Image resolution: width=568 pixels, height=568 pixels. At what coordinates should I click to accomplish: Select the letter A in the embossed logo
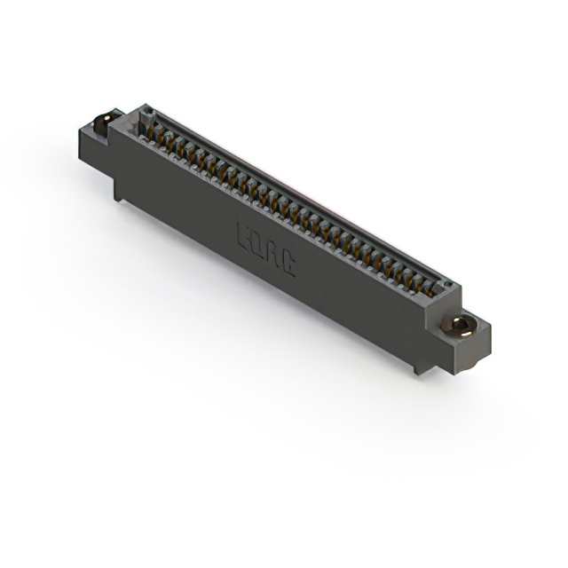(273, 256)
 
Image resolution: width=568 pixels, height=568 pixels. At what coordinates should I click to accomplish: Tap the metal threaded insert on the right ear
(461, 324)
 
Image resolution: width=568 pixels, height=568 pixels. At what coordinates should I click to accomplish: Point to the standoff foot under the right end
(418, 365)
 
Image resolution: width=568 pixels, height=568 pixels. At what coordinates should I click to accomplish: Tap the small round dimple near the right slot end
(446, 287)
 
